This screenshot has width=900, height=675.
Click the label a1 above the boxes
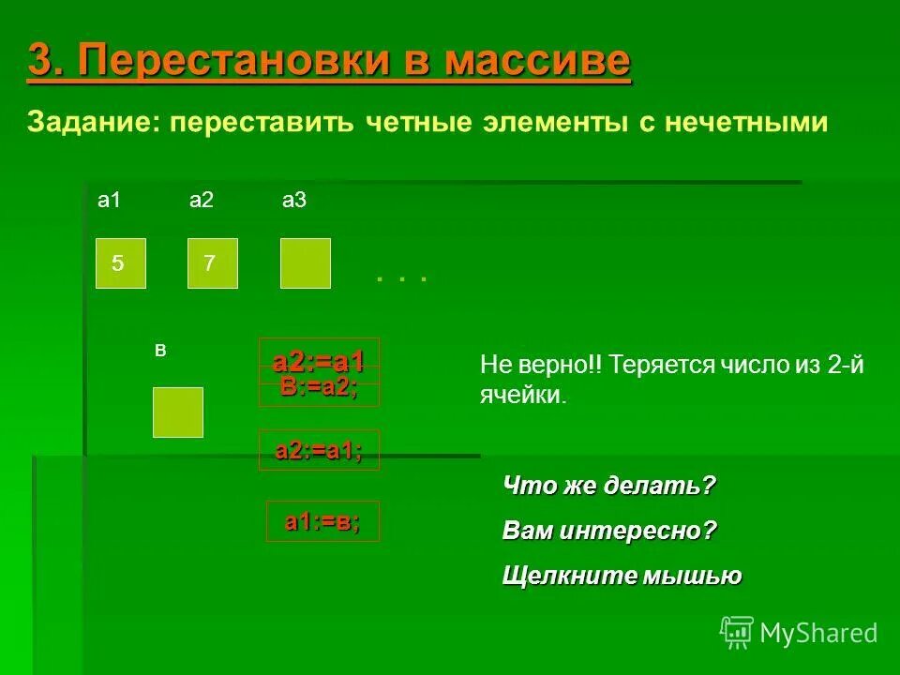tap(110, 201)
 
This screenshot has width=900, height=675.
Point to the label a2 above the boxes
tap(202, 201)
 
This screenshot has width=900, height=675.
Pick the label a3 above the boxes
tap(294, 201)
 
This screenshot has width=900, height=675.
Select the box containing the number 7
tap(213, 263)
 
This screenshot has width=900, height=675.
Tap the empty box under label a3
tap(306, 263)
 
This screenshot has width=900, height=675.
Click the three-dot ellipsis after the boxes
tap(401, 278)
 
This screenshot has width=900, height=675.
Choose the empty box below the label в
tap(178, 412)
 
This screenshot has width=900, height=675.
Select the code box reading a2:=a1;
tap(319, 451)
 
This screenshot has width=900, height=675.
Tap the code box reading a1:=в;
tap(322, 522)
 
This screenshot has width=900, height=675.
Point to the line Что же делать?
tap(609, 486)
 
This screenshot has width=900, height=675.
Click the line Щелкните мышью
tap(622, 576)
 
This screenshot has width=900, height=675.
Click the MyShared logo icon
tap(737, 633)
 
